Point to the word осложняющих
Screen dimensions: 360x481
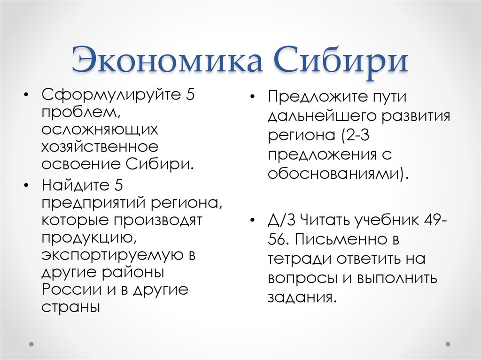tap(100, 129)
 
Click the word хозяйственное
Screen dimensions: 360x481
tap(100, 146)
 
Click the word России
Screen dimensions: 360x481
tap(68, 289)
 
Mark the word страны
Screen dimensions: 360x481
tap(71, 306)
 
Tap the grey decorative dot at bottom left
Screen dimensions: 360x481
tap(32, 344)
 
